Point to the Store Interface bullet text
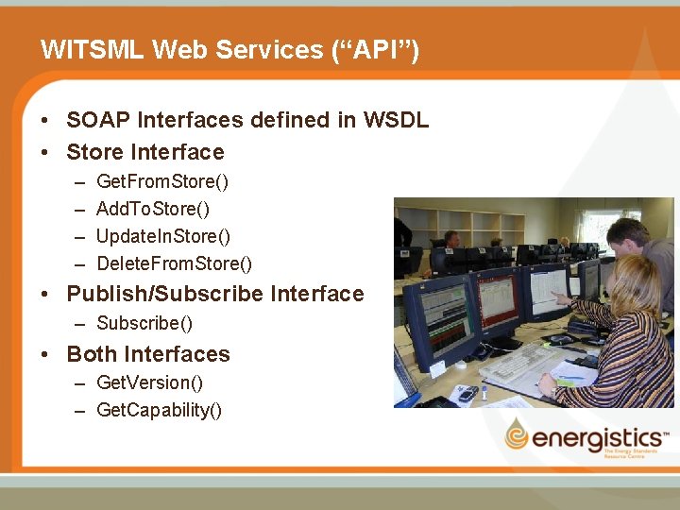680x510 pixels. [x=145, y=152]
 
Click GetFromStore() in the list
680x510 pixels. [x=162, y=180]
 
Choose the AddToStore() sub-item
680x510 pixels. [x=153, y=208]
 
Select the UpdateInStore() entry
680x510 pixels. [x=163, y=235]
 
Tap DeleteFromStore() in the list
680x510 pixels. [x=175, y=263]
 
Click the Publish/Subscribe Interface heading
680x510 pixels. [x=215, y=294]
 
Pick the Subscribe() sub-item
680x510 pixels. [x=144, y=323]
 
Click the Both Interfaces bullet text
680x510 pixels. [x=148, y=354]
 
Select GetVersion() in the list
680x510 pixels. [x=150, y=382]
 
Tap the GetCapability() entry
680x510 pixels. [x=160, y=409]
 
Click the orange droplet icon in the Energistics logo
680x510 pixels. [x=516, y=435]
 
